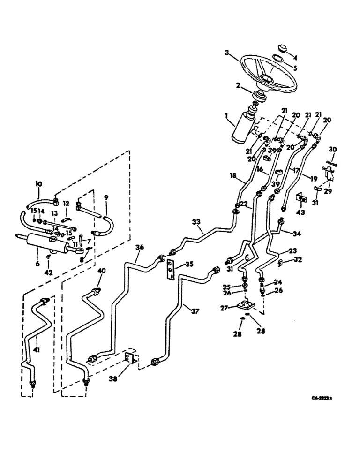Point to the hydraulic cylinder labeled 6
(47, 243)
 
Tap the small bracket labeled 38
(130, 359)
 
